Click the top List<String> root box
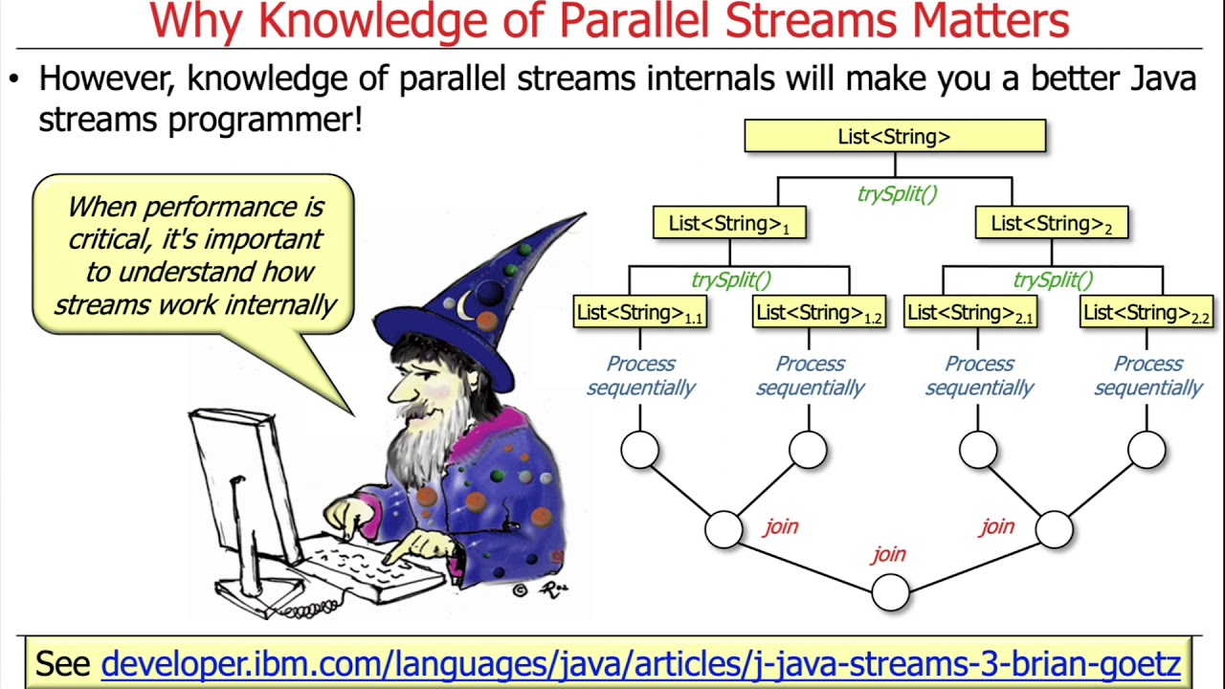pyautogui.click(x=895, y=137)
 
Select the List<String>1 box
pyautogui.click(x=729, y=224)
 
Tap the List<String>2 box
pyautogui.click(x=1051, y=224)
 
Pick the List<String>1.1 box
pyautogui.click(x=640, y=313)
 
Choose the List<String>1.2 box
pyautogui.click(x=818, y=313)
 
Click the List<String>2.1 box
pyautogui.click(x=970, y=313)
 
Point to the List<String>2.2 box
pyautogui.click(x=1147, y=313)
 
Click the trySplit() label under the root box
pyautogui.click(x=896, y=194)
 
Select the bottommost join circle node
pyautogui.click(x=890, y=592)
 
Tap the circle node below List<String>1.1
pyautogui.click(x=639, y=450)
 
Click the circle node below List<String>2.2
pyautogui.click(x=1147, y=450)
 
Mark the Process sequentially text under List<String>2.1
pyautogui.click(x=978, y=376)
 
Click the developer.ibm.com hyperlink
pyautogui.click(x=640, y=663)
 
